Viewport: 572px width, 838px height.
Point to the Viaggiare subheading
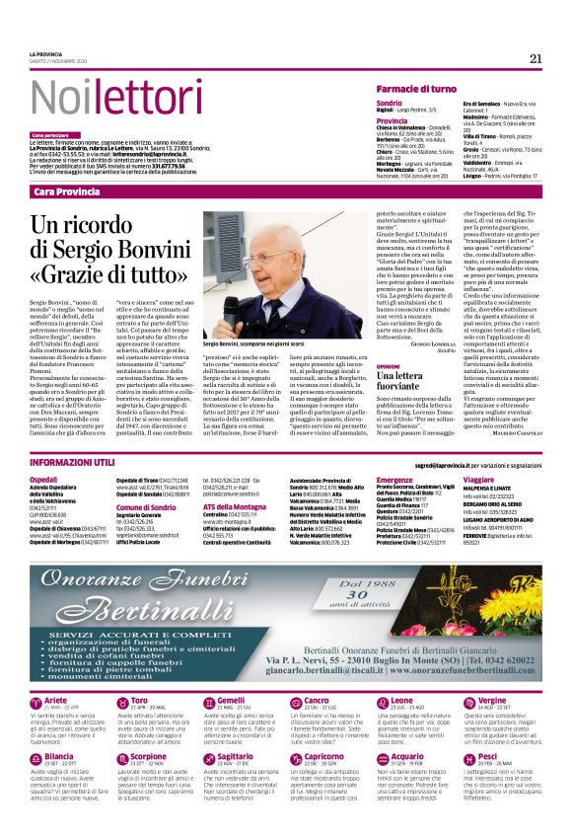pos(481,478)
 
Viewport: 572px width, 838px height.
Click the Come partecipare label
pos(51,135)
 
